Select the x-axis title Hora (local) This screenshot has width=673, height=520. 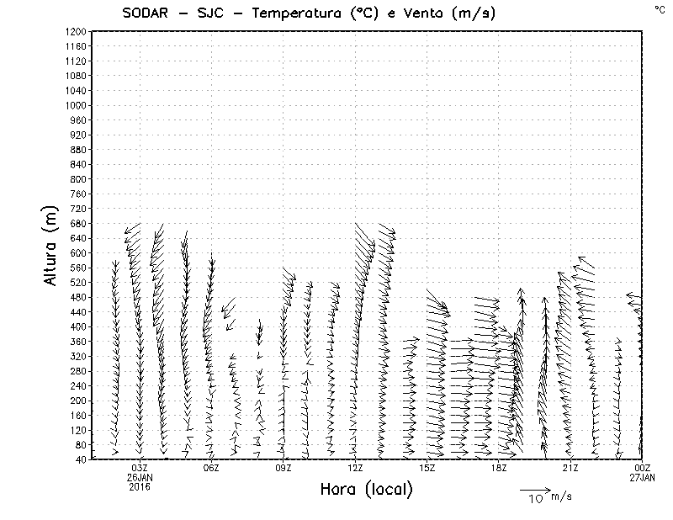tap(366, 490)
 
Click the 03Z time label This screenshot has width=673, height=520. tap(140, 468)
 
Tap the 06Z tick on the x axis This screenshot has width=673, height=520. tap(212, 468)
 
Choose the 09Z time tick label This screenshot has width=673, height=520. tap(284, 468)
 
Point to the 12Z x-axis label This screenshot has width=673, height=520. tap(355, 468)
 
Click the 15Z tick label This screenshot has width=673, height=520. tap(427, 468)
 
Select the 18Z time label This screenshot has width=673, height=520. tap(499, 468)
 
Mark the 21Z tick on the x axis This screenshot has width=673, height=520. tap(570, 468)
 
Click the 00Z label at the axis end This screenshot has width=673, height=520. tap(642, 468)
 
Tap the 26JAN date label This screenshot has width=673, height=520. tap(140, 477)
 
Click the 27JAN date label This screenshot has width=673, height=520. tap(642, 477)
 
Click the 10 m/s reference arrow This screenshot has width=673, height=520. tap(534, 489)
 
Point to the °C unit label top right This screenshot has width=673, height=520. tap(660, 8)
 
